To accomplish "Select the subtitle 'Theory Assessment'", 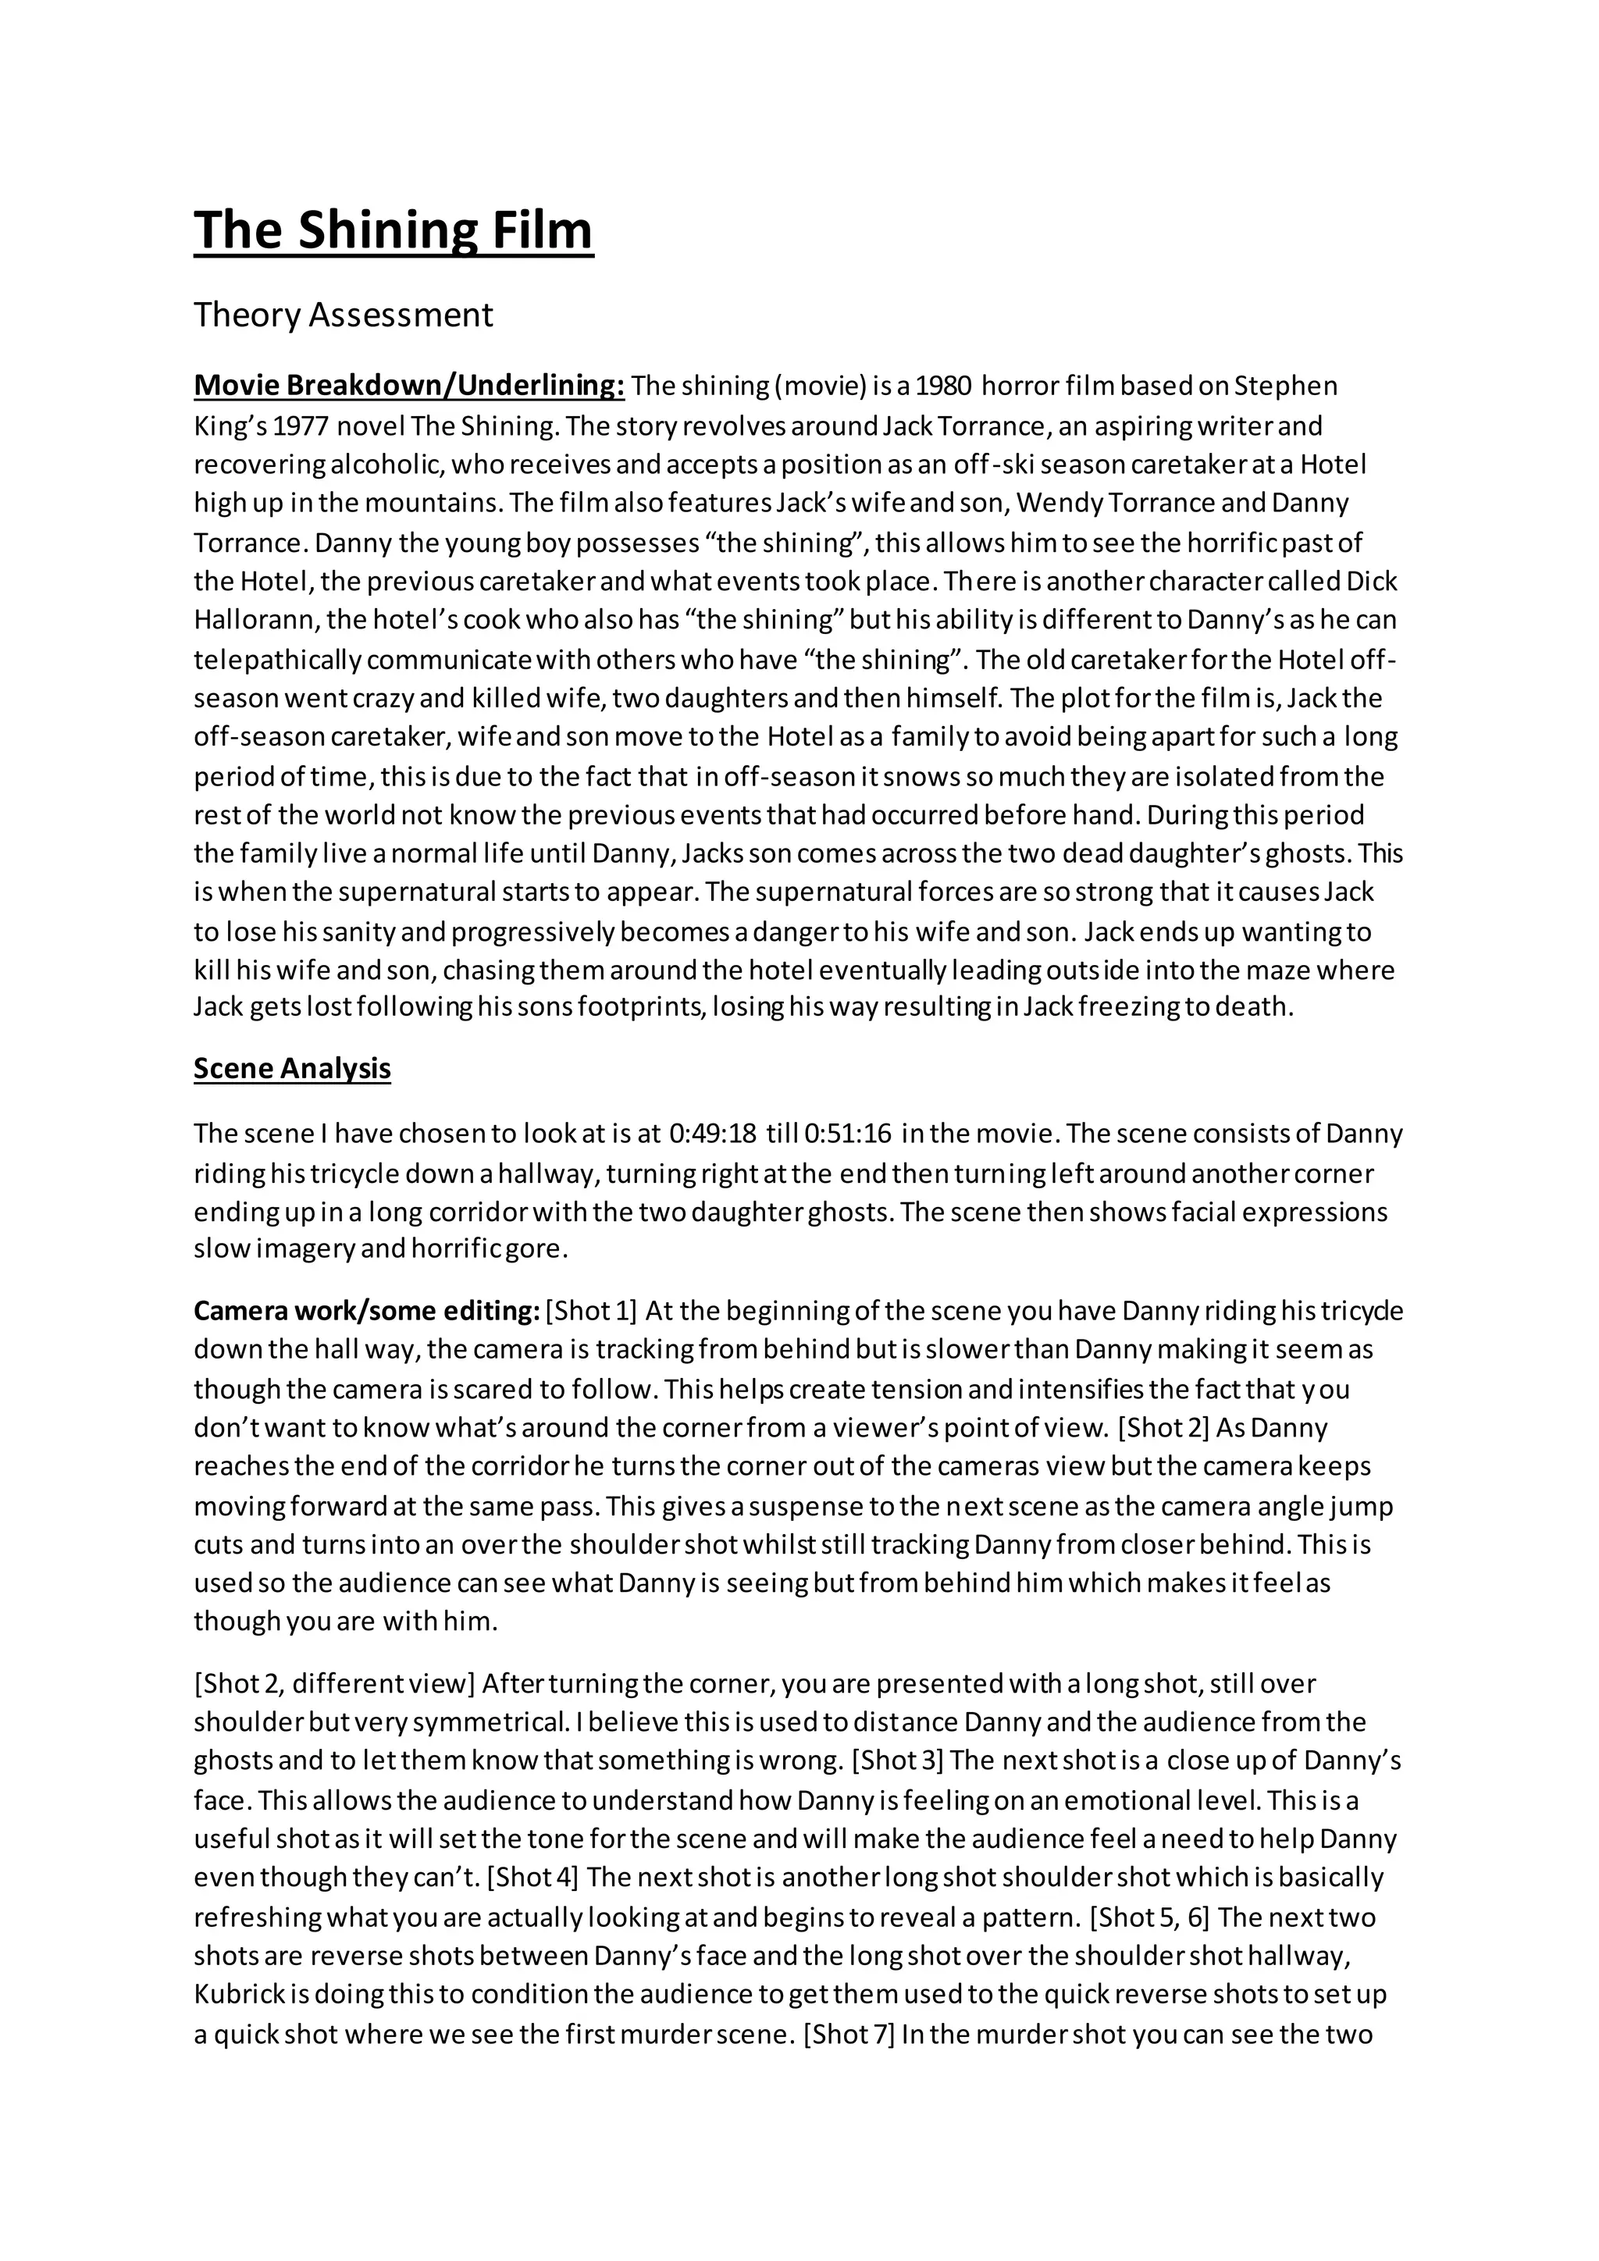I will (x=343, y=315).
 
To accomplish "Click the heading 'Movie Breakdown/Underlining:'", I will (x=408, y=385).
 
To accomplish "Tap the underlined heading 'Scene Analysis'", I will (x=293, y=1069).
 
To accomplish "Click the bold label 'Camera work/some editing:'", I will (x=366, y=1311).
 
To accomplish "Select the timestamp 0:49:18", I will (x=713, y=1134).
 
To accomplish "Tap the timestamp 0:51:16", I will (x=848, y=1134).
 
